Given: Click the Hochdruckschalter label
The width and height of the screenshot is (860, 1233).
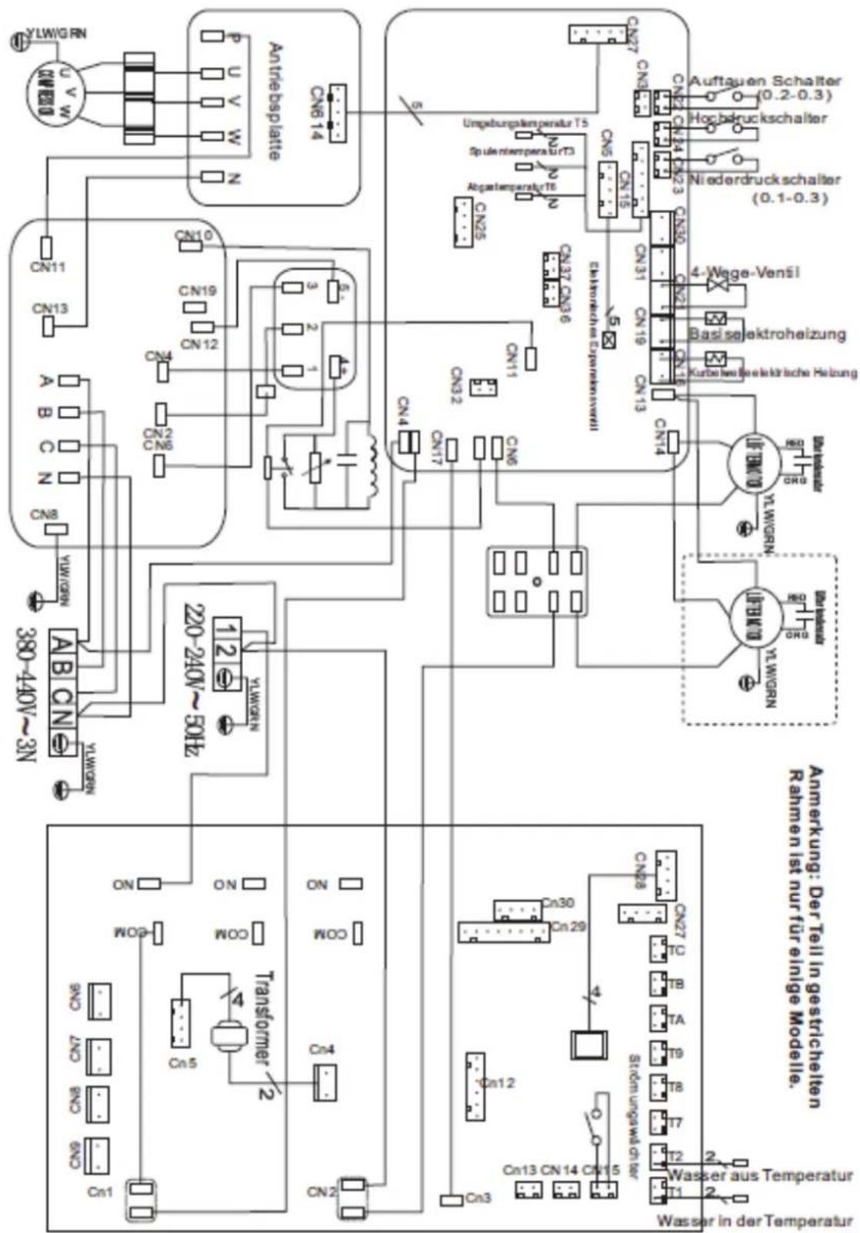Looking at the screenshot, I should tap(758, 119).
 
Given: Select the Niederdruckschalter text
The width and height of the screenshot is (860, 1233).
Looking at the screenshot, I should tap(765, 180).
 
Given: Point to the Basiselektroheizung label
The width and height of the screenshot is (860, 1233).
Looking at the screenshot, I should tap(767, 334).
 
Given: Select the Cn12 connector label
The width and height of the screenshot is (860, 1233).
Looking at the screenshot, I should tap(498, 1083).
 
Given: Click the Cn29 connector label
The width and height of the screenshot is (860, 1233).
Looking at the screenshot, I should tap(568, 927).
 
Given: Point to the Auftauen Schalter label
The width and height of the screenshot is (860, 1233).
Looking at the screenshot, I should tap(764, 81).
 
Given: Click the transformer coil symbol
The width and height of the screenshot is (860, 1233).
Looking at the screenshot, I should tap(228, 1037).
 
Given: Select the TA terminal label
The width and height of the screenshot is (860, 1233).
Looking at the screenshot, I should tap(676, 1020).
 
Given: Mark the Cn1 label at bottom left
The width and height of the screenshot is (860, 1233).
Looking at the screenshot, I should tap(100, 1192).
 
